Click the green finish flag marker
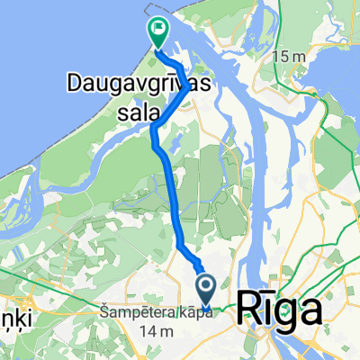157,32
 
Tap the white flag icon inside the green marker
158,30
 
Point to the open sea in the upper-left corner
45,36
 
